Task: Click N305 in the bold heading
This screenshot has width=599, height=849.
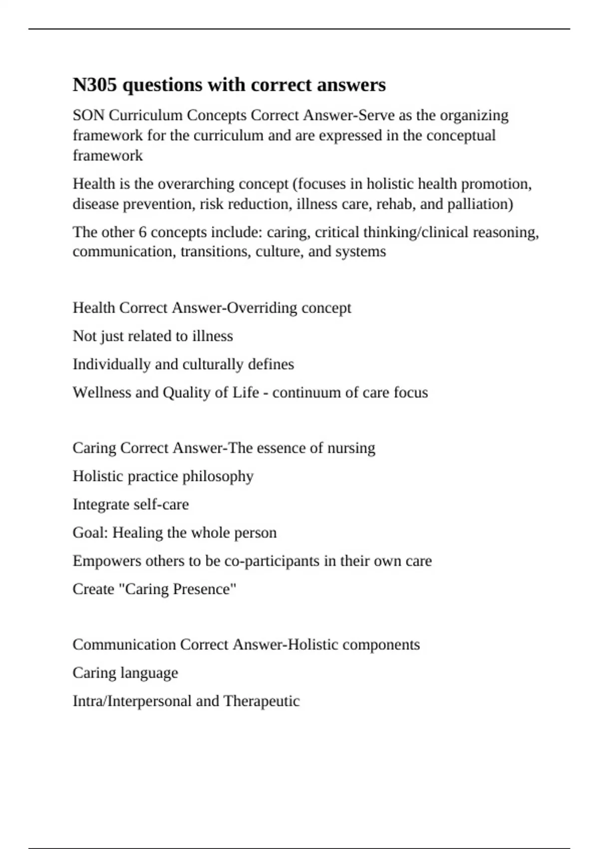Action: pyautogui.click(x=95, y=85)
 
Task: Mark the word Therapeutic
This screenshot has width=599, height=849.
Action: pyautogui.click(x=262, y=701)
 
